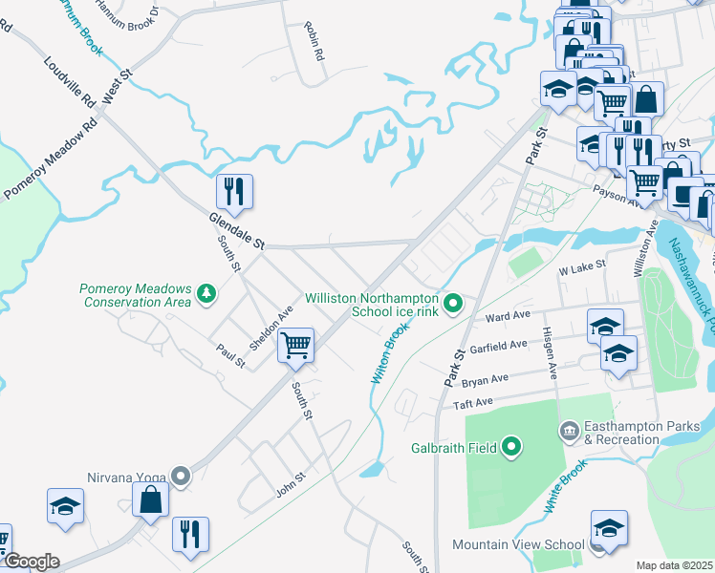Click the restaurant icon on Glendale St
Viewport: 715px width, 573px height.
234,192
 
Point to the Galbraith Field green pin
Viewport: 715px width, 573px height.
512,444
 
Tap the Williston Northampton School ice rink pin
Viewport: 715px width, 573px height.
455,305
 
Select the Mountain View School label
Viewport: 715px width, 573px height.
517,545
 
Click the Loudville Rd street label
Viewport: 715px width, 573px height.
71,81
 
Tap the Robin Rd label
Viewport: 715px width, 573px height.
313,43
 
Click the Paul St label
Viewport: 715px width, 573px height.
230,355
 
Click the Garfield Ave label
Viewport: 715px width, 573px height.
498,346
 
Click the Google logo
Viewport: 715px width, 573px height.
31,562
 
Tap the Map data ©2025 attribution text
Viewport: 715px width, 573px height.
674,565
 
